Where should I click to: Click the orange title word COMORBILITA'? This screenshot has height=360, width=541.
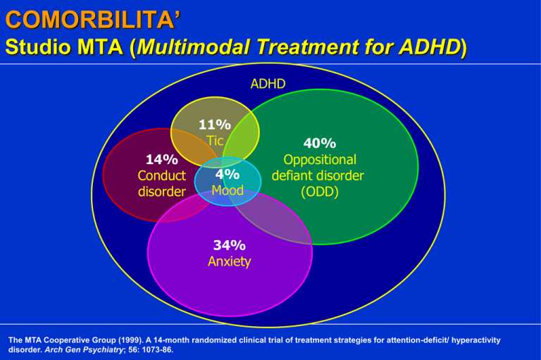click(93, 20)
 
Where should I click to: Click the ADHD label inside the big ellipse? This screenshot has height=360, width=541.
click(268, 84)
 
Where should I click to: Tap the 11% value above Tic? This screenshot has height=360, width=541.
click(215, 125)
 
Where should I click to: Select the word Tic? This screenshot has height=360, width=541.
click(215, 140)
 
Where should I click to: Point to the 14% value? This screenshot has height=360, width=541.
click(162, 159)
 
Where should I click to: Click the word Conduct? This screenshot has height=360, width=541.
click(162, 175)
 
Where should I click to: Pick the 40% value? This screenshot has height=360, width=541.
click(320, 143)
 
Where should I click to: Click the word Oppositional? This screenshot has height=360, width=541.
click(320, 160)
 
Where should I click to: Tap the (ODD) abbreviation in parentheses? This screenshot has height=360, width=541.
click(320, 192)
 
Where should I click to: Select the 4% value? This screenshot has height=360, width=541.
click(228, 174)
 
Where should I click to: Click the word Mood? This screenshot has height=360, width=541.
click(228, 190)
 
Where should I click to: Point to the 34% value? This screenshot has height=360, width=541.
click(230, 245)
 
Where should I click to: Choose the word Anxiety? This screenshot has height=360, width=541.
click(230, 261)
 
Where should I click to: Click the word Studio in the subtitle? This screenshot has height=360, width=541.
click(38, 47)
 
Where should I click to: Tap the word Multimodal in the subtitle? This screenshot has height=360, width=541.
click(194, 47)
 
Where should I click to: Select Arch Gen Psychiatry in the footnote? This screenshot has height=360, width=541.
click(84, 349)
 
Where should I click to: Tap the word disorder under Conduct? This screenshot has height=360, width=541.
click(162, 192)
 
